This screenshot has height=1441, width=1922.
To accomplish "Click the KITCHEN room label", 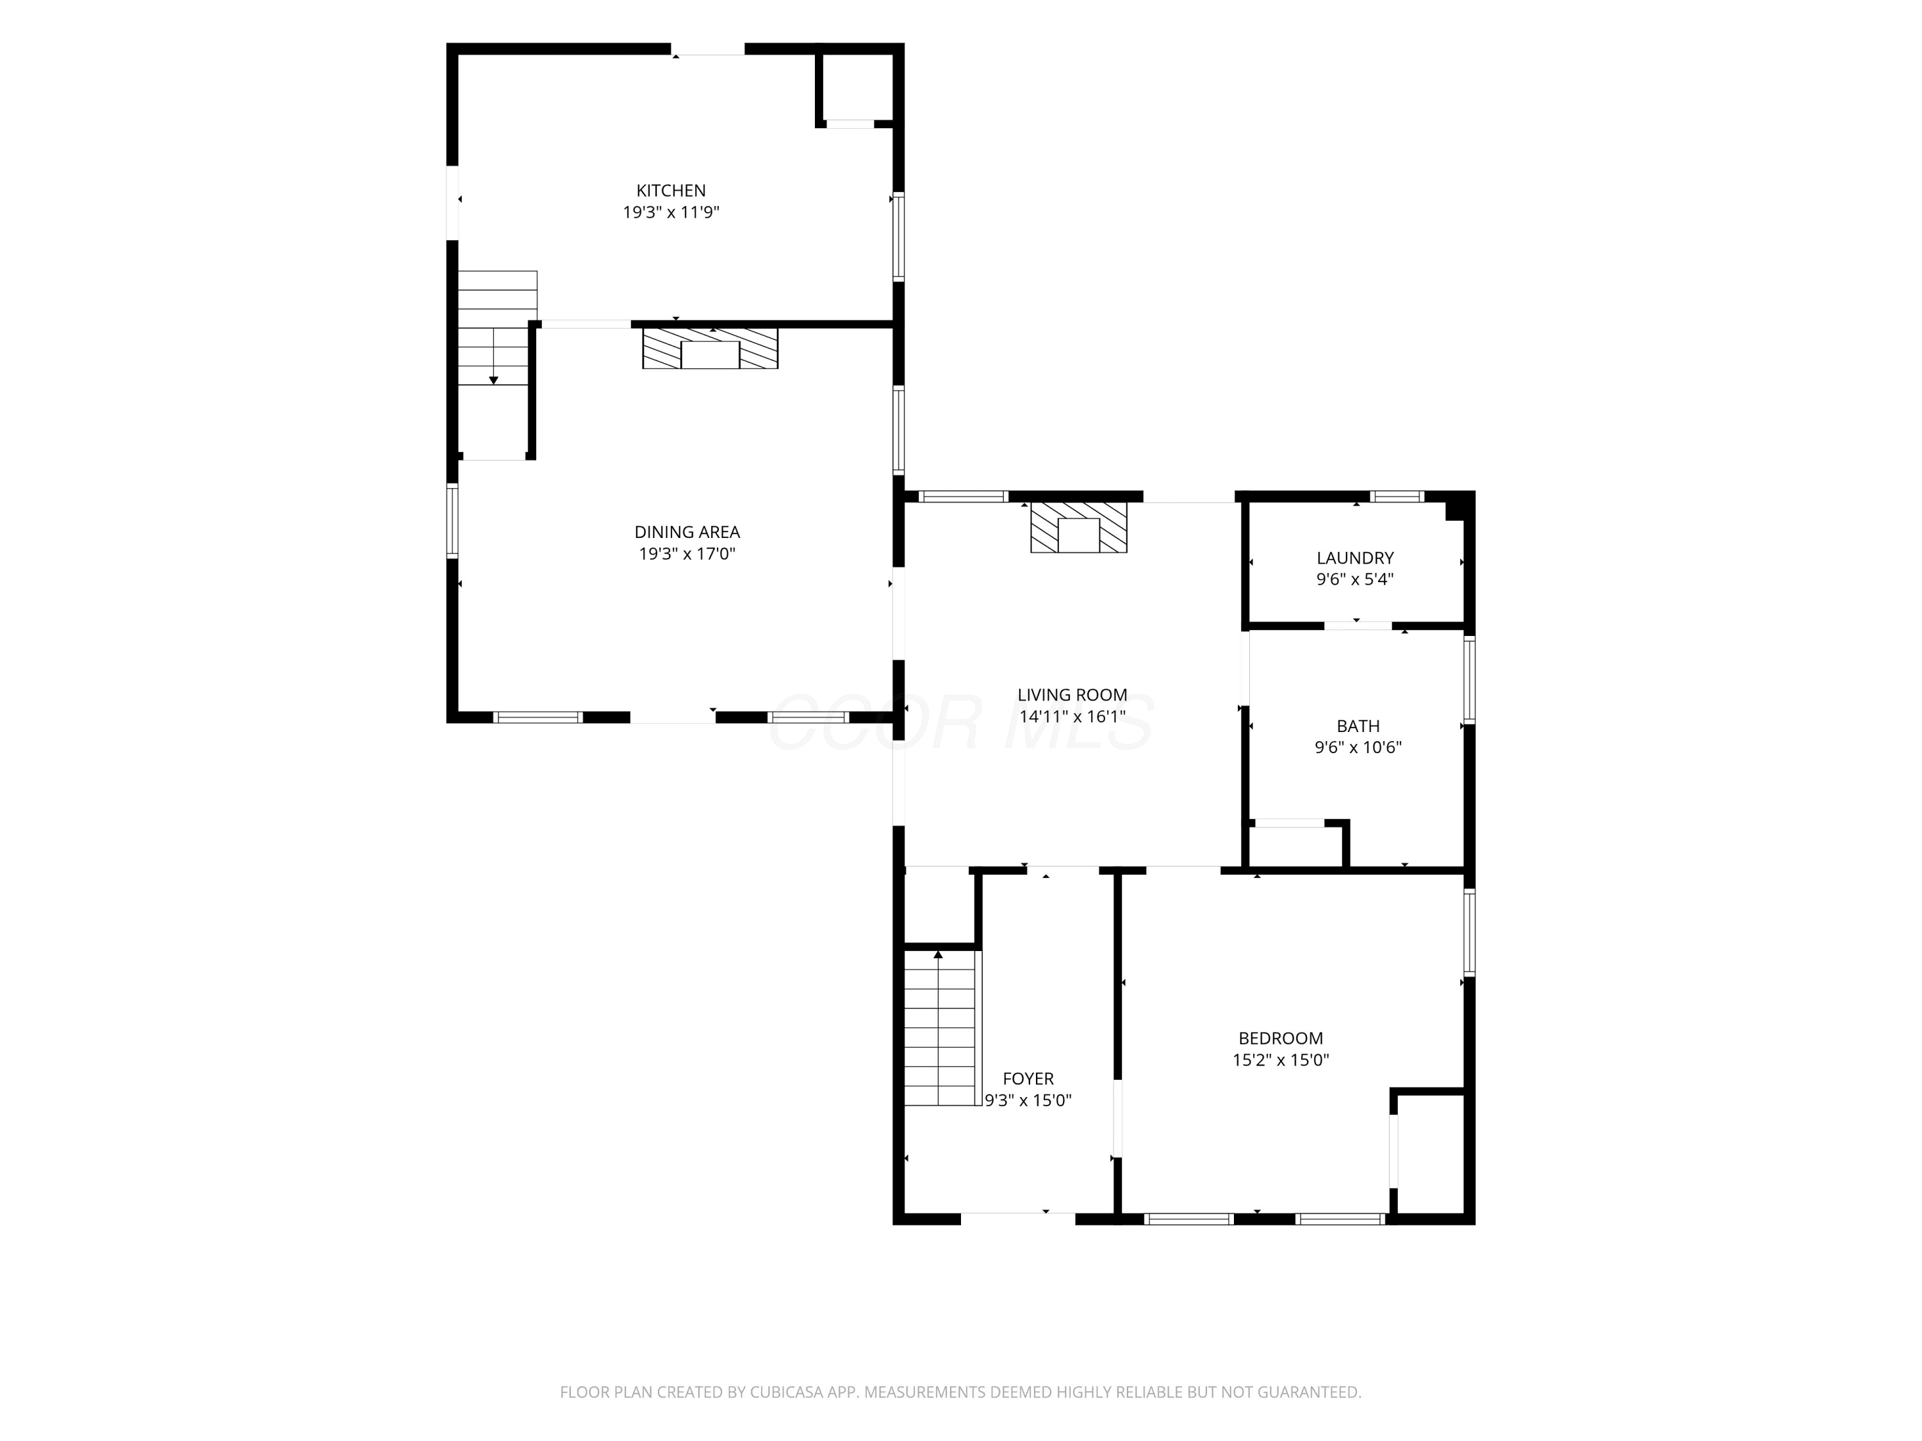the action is (671, 191).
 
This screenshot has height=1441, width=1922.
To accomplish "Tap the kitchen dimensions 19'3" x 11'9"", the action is (671, 212).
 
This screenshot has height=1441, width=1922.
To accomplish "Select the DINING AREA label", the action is (687, 532).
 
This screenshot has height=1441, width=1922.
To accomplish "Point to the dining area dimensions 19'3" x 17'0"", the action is (687, 553).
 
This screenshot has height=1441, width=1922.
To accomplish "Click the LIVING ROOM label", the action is (1072, 695).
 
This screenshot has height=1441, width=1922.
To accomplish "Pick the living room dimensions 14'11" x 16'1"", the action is (1072, 717).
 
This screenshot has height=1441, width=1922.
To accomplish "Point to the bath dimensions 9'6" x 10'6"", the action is (1358, 747).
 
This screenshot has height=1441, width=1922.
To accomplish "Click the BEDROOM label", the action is (1281, 1038).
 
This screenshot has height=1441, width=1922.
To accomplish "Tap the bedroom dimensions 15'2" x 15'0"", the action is (1281, 1060).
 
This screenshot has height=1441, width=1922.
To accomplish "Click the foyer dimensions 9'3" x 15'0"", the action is (1028, 1100).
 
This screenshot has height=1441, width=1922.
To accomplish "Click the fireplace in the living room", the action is (1078, 527).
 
